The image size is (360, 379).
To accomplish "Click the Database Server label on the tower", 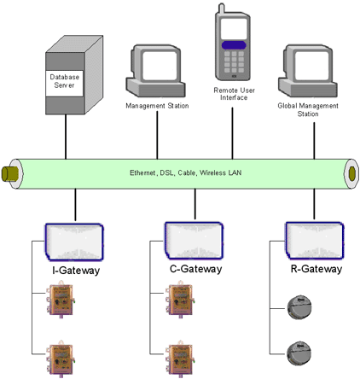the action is (64, 81).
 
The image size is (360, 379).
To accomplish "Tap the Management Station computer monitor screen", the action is (160, 66).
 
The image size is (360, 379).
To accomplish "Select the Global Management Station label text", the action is (308, 110).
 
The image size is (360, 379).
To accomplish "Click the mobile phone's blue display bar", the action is (234, 45).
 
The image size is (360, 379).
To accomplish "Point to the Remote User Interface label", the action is (234, 94).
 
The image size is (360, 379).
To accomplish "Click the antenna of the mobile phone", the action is (222, 9).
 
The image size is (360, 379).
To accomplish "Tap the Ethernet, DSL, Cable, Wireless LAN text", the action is (186, 172).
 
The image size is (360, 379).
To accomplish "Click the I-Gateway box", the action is (74, 242).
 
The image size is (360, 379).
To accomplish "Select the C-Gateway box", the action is (195, 241).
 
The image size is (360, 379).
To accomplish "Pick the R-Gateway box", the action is (315, 241).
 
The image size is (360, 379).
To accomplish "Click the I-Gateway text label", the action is (76, 271).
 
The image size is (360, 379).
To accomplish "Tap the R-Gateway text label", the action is (316, 269).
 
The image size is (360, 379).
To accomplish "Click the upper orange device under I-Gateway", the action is (61, 300).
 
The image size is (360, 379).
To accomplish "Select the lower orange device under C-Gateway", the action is (180, 359).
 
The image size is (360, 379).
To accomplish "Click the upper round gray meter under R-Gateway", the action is (299, 307).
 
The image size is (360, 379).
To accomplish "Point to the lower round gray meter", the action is (299, 353).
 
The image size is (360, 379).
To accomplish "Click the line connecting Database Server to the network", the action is (66, 137).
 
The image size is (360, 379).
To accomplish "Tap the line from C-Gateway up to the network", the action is (195, 204).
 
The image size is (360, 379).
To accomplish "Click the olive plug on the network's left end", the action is (9, 174).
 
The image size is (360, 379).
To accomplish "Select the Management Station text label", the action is (157, 106).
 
